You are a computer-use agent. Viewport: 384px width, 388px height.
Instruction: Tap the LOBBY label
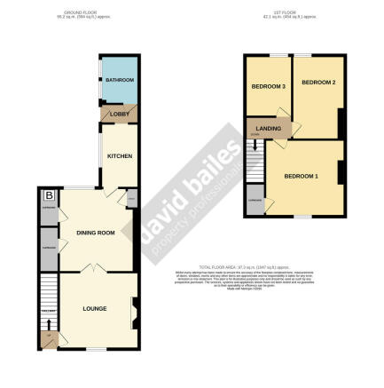pos(119,115)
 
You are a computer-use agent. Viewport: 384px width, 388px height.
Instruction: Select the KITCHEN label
pos(120,156)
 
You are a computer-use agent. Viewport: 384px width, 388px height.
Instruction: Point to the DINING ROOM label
pos(96,233)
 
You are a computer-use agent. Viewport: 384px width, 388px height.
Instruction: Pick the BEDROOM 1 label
pos(300,176)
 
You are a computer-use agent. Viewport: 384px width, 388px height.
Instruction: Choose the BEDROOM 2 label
pos(317,83)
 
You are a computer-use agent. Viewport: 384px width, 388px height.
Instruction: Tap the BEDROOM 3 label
pos(267,87)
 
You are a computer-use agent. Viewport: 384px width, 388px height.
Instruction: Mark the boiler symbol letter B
pos(49,195)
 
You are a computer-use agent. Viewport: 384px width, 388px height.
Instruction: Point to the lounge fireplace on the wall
pos(134,311)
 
